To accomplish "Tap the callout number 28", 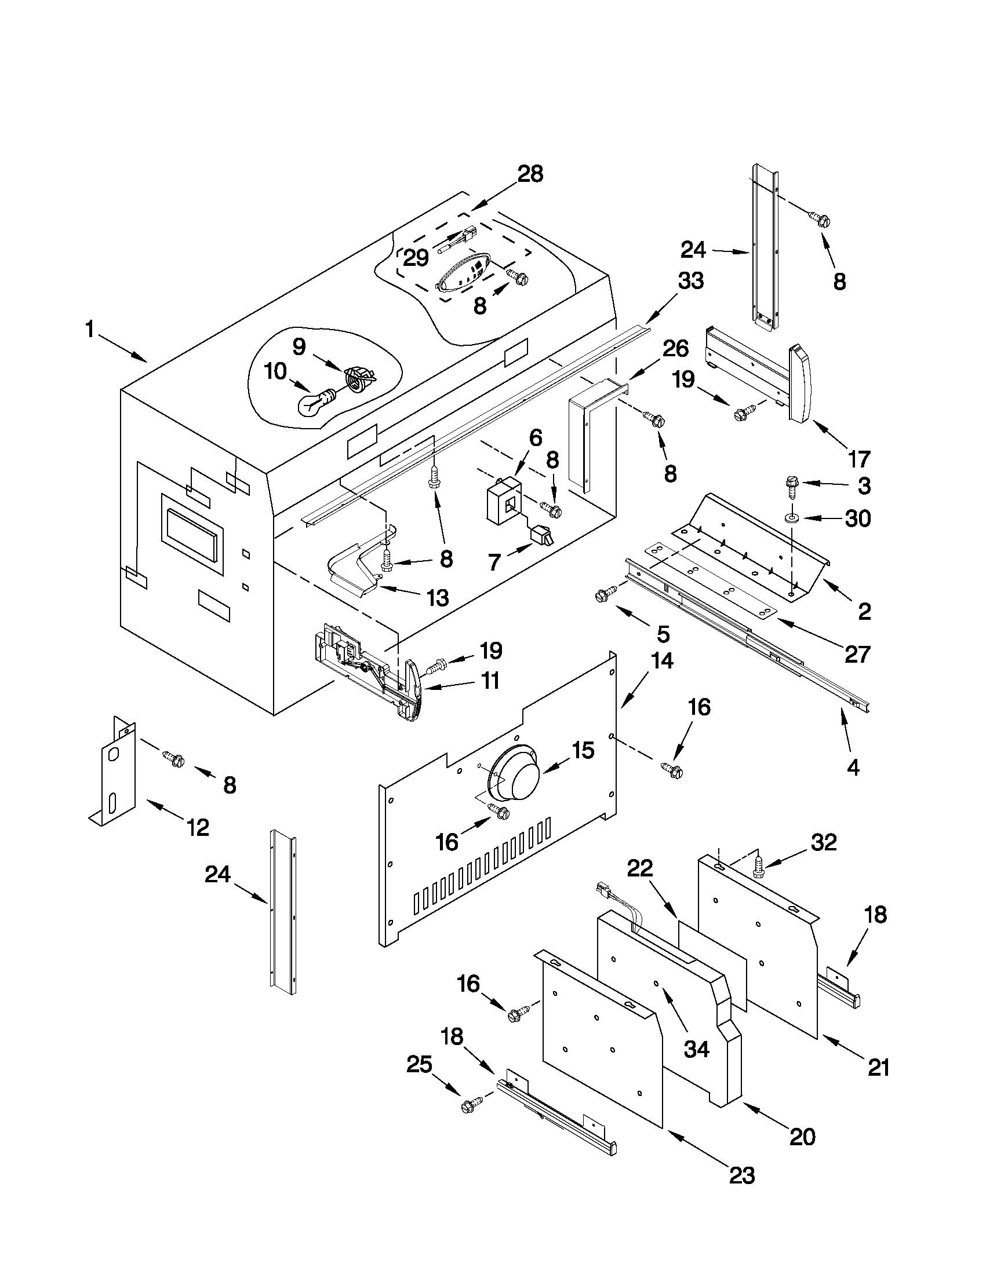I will click(530, 174).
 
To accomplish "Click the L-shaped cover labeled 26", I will click(590, 432).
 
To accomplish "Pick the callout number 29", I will click(416, 257).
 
